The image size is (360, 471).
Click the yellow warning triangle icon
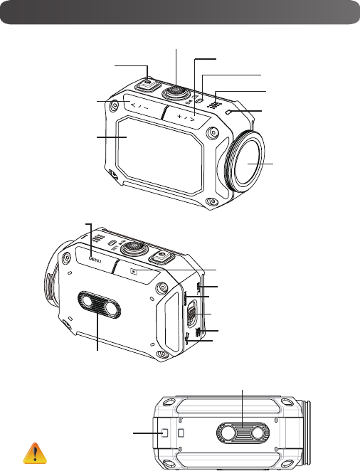(x=35, y=453)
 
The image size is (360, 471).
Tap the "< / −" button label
(x=140, y=106)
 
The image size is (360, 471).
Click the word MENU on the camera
(x=95, y=259)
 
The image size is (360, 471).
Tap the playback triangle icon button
(x=134, y=272)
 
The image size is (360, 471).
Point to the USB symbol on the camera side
(x=187, y=339)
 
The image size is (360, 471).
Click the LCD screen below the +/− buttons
(x=160, y=155)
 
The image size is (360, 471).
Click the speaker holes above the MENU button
(x=98, y=238)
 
